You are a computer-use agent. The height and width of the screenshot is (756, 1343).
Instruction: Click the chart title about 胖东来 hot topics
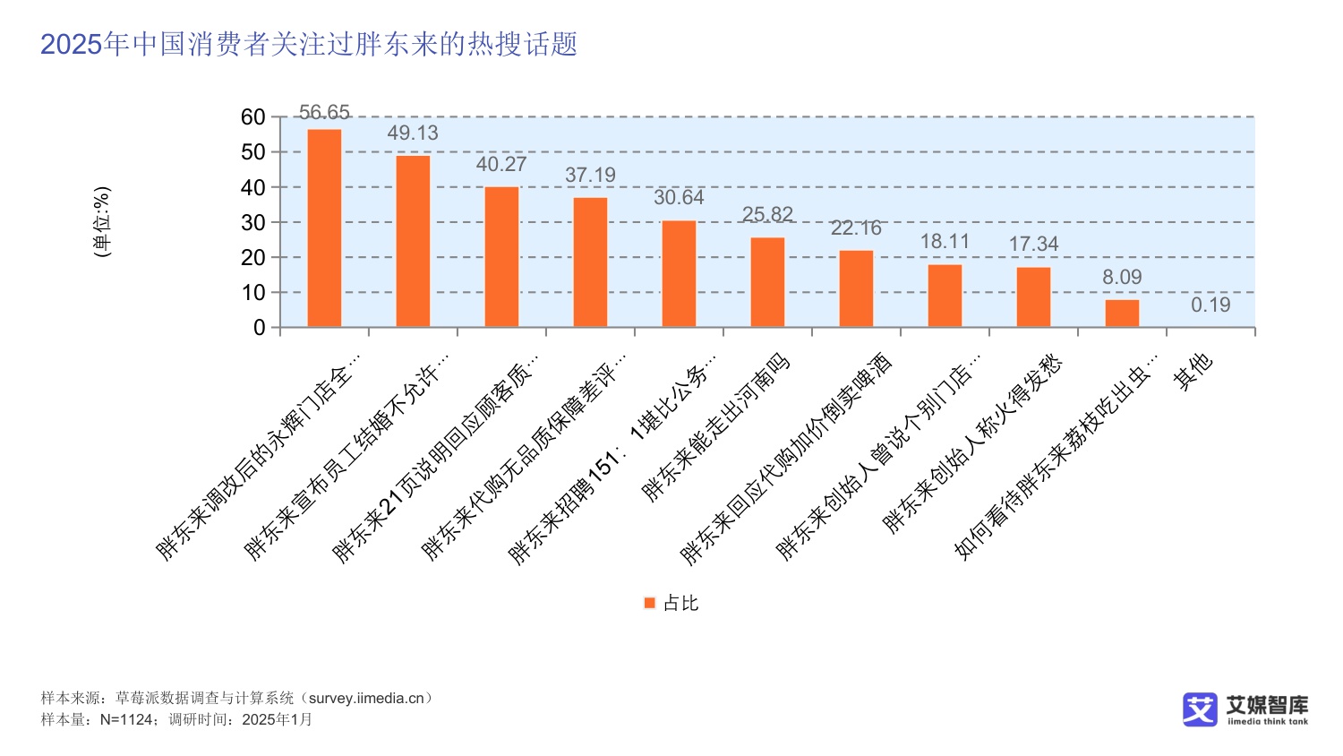309,44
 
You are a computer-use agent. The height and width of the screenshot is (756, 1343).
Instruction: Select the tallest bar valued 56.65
324,228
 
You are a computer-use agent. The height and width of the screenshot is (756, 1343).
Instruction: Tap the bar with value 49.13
413,241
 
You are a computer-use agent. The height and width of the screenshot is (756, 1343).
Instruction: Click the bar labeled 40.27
501,257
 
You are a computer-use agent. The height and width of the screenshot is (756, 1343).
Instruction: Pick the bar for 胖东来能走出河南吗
767,282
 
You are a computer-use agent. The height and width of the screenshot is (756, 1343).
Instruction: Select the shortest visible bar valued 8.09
1122,314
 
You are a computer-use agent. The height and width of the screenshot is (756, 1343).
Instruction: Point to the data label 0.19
1210,305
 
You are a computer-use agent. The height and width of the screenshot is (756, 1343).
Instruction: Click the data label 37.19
590,176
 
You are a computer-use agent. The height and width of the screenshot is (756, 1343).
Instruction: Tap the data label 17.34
1033,245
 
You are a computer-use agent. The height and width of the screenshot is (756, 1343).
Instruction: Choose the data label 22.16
856,228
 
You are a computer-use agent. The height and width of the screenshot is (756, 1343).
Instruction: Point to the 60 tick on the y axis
253,117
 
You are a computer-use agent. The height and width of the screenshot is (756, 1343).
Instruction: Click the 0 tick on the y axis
260,328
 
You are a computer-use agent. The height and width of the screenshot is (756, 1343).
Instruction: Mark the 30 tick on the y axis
253,223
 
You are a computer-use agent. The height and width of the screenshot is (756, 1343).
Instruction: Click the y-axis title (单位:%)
103,222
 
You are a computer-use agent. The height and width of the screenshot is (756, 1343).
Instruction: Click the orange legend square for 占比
650,604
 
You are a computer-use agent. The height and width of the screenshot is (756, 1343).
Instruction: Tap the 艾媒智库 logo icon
1200,709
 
